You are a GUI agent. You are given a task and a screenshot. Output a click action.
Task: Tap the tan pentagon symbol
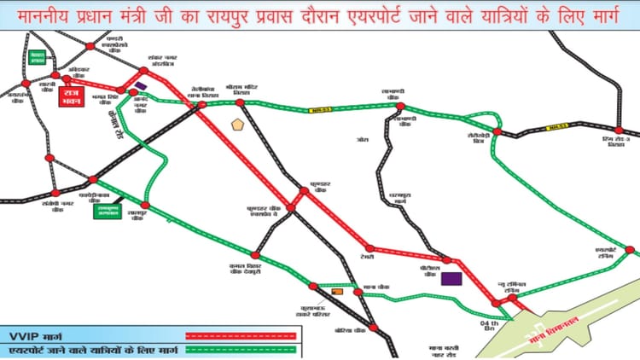click(238, 124)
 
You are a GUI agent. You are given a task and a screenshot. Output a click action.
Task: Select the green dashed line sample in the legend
click(241, 348)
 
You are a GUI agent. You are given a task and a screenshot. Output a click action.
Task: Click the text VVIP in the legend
click(24, 332)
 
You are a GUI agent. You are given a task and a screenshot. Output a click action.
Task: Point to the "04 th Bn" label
click(489, 324)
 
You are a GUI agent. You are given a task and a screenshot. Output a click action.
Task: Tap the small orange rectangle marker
click(336, 292)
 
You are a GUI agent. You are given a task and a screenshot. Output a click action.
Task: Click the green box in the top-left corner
click(37, 58)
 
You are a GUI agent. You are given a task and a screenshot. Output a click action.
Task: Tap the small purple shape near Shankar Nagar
click(140, 85)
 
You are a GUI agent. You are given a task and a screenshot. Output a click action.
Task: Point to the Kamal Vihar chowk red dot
click(254, 254)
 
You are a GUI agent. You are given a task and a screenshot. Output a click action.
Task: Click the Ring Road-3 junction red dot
click(620, 130)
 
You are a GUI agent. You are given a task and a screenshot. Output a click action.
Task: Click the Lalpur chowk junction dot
click(145, 205)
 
